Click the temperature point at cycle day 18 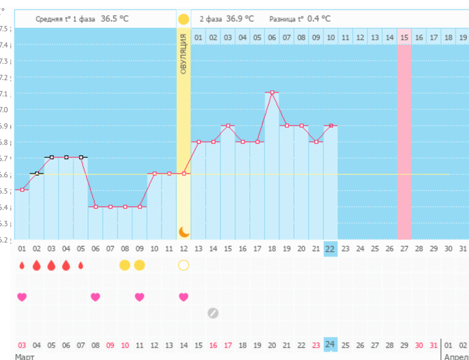272,93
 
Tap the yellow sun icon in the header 183,19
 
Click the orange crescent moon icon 183,231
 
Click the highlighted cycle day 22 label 330,249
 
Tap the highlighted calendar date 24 330,344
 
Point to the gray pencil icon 213,313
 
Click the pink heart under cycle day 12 183,297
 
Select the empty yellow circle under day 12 183,265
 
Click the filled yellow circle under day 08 125,265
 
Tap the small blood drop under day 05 81,266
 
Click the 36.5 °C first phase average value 115,19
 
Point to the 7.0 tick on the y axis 6,110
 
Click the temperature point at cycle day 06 96,206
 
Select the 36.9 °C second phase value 240,19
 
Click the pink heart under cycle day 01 22,297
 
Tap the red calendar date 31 433,345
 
